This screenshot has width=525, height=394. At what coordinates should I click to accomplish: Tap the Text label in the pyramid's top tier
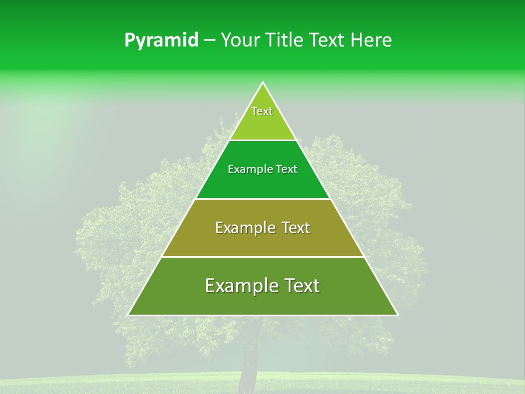[262, 112]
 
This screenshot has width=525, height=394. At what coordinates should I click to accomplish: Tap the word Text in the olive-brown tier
[296, 228]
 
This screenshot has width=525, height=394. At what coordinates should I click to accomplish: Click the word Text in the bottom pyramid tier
[301, 286]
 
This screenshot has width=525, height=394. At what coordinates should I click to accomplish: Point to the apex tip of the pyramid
[263, 83]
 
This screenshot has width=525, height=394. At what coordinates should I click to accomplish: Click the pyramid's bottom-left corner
[129, 315]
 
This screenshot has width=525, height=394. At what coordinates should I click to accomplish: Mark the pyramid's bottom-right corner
[398, 315]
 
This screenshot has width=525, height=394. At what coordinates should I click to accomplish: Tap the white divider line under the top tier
[262, 140]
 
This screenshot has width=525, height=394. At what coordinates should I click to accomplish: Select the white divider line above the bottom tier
[262, 257]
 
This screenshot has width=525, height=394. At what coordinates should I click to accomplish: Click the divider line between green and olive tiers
[262, 199]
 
